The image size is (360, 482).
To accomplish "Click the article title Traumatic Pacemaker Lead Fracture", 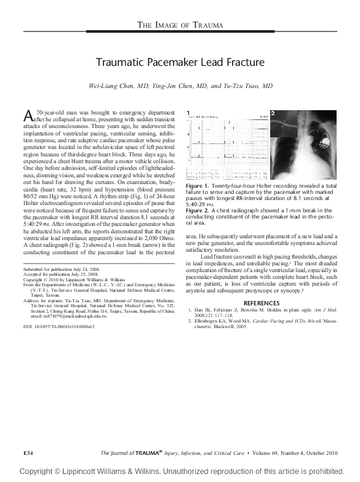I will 180,62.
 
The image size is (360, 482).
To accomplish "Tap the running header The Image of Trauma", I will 180,25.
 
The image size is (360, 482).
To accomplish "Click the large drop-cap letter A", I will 28,116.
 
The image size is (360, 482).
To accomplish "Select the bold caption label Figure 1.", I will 198,185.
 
